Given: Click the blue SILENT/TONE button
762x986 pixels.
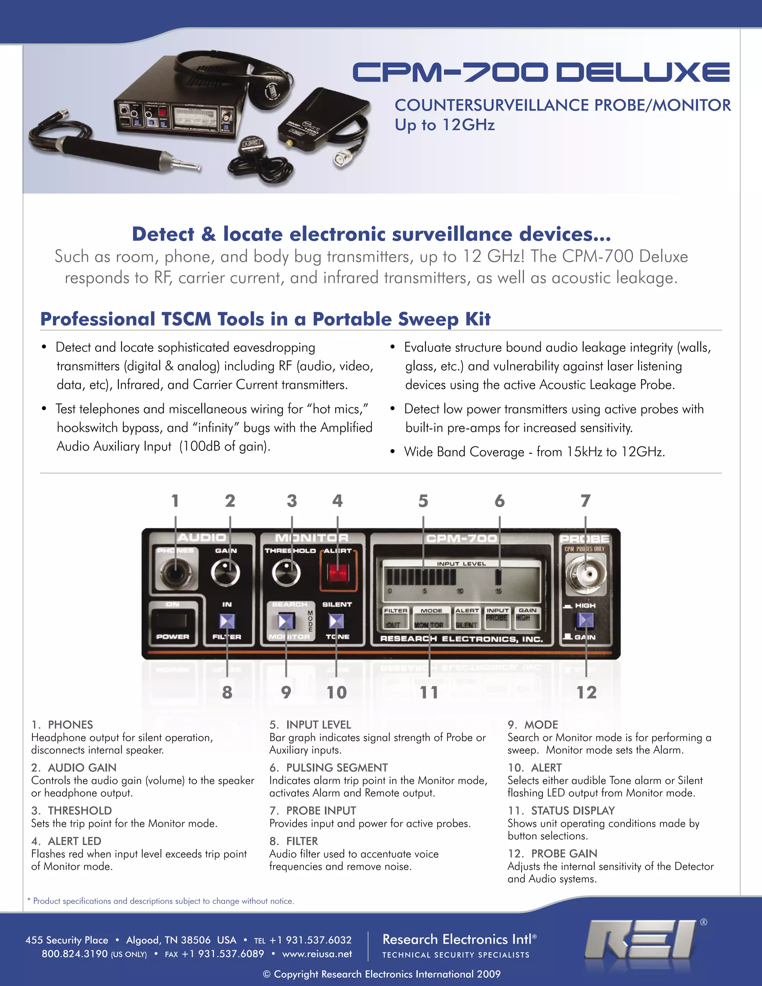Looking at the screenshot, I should click(x=336, y=621).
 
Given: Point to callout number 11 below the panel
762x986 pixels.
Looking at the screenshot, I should click(x=429, y=692).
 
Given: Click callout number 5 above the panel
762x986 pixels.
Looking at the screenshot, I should click(x=423, y=501).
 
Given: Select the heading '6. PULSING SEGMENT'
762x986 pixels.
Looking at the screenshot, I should click(x=328, y=768).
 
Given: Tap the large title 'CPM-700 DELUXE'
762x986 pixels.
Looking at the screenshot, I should click(x=540, y=73).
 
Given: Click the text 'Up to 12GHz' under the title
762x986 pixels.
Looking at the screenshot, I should click(x=445, y=125).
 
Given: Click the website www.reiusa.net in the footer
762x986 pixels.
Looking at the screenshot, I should click(x=317, y=954).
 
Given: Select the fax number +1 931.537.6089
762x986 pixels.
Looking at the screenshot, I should click(x=222, y=954).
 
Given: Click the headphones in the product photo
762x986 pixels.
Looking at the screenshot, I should click(x=235, y=77).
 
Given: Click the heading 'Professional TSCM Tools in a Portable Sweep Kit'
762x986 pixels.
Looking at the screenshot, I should click(x=265, y=319).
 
